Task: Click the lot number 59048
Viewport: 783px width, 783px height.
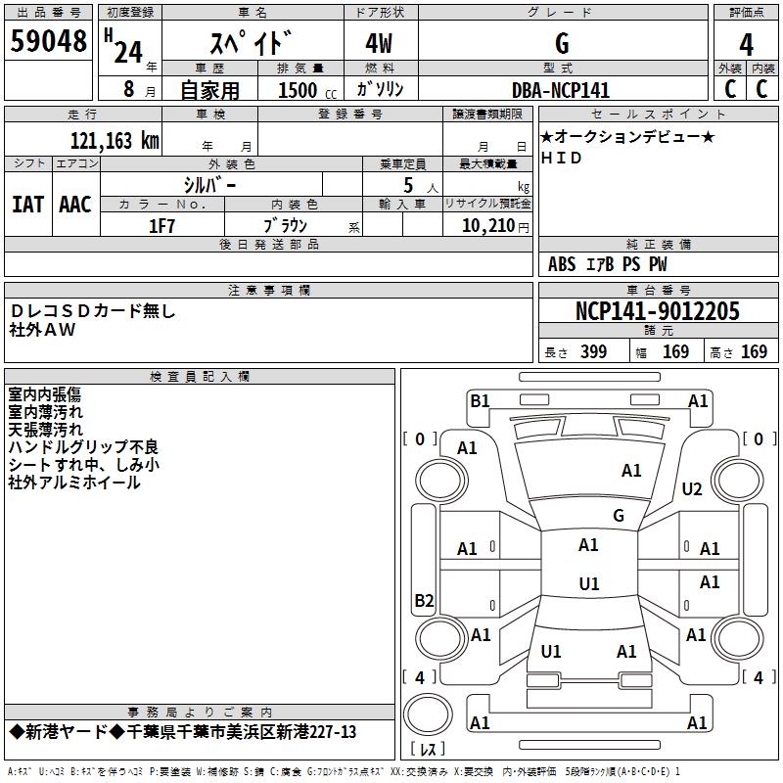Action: pos(48,42)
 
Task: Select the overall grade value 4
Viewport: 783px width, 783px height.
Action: pos(746,43)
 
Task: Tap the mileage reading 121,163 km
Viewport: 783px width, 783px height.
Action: pos(115,140)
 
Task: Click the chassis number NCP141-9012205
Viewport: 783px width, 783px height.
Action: pos(657,312)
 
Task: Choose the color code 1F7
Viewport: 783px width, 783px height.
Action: pos(161,225)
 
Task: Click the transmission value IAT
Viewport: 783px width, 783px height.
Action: pos(27,205)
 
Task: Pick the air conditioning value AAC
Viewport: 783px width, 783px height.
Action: pos(74,205)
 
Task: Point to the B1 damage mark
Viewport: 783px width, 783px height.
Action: pos(480,400)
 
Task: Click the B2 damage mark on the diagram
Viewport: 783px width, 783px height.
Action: pos(424,600)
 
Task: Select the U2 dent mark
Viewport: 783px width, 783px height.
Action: pos(692,489)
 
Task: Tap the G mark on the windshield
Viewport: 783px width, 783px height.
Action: pos(619,515)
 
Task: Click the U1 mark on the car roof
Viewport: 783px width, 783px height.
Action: pos(589,584)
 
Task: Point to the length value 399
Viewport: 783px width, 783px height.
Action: pos(593,352)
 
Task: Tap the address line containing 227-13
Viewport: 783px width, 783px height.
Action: pos(182,732)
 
